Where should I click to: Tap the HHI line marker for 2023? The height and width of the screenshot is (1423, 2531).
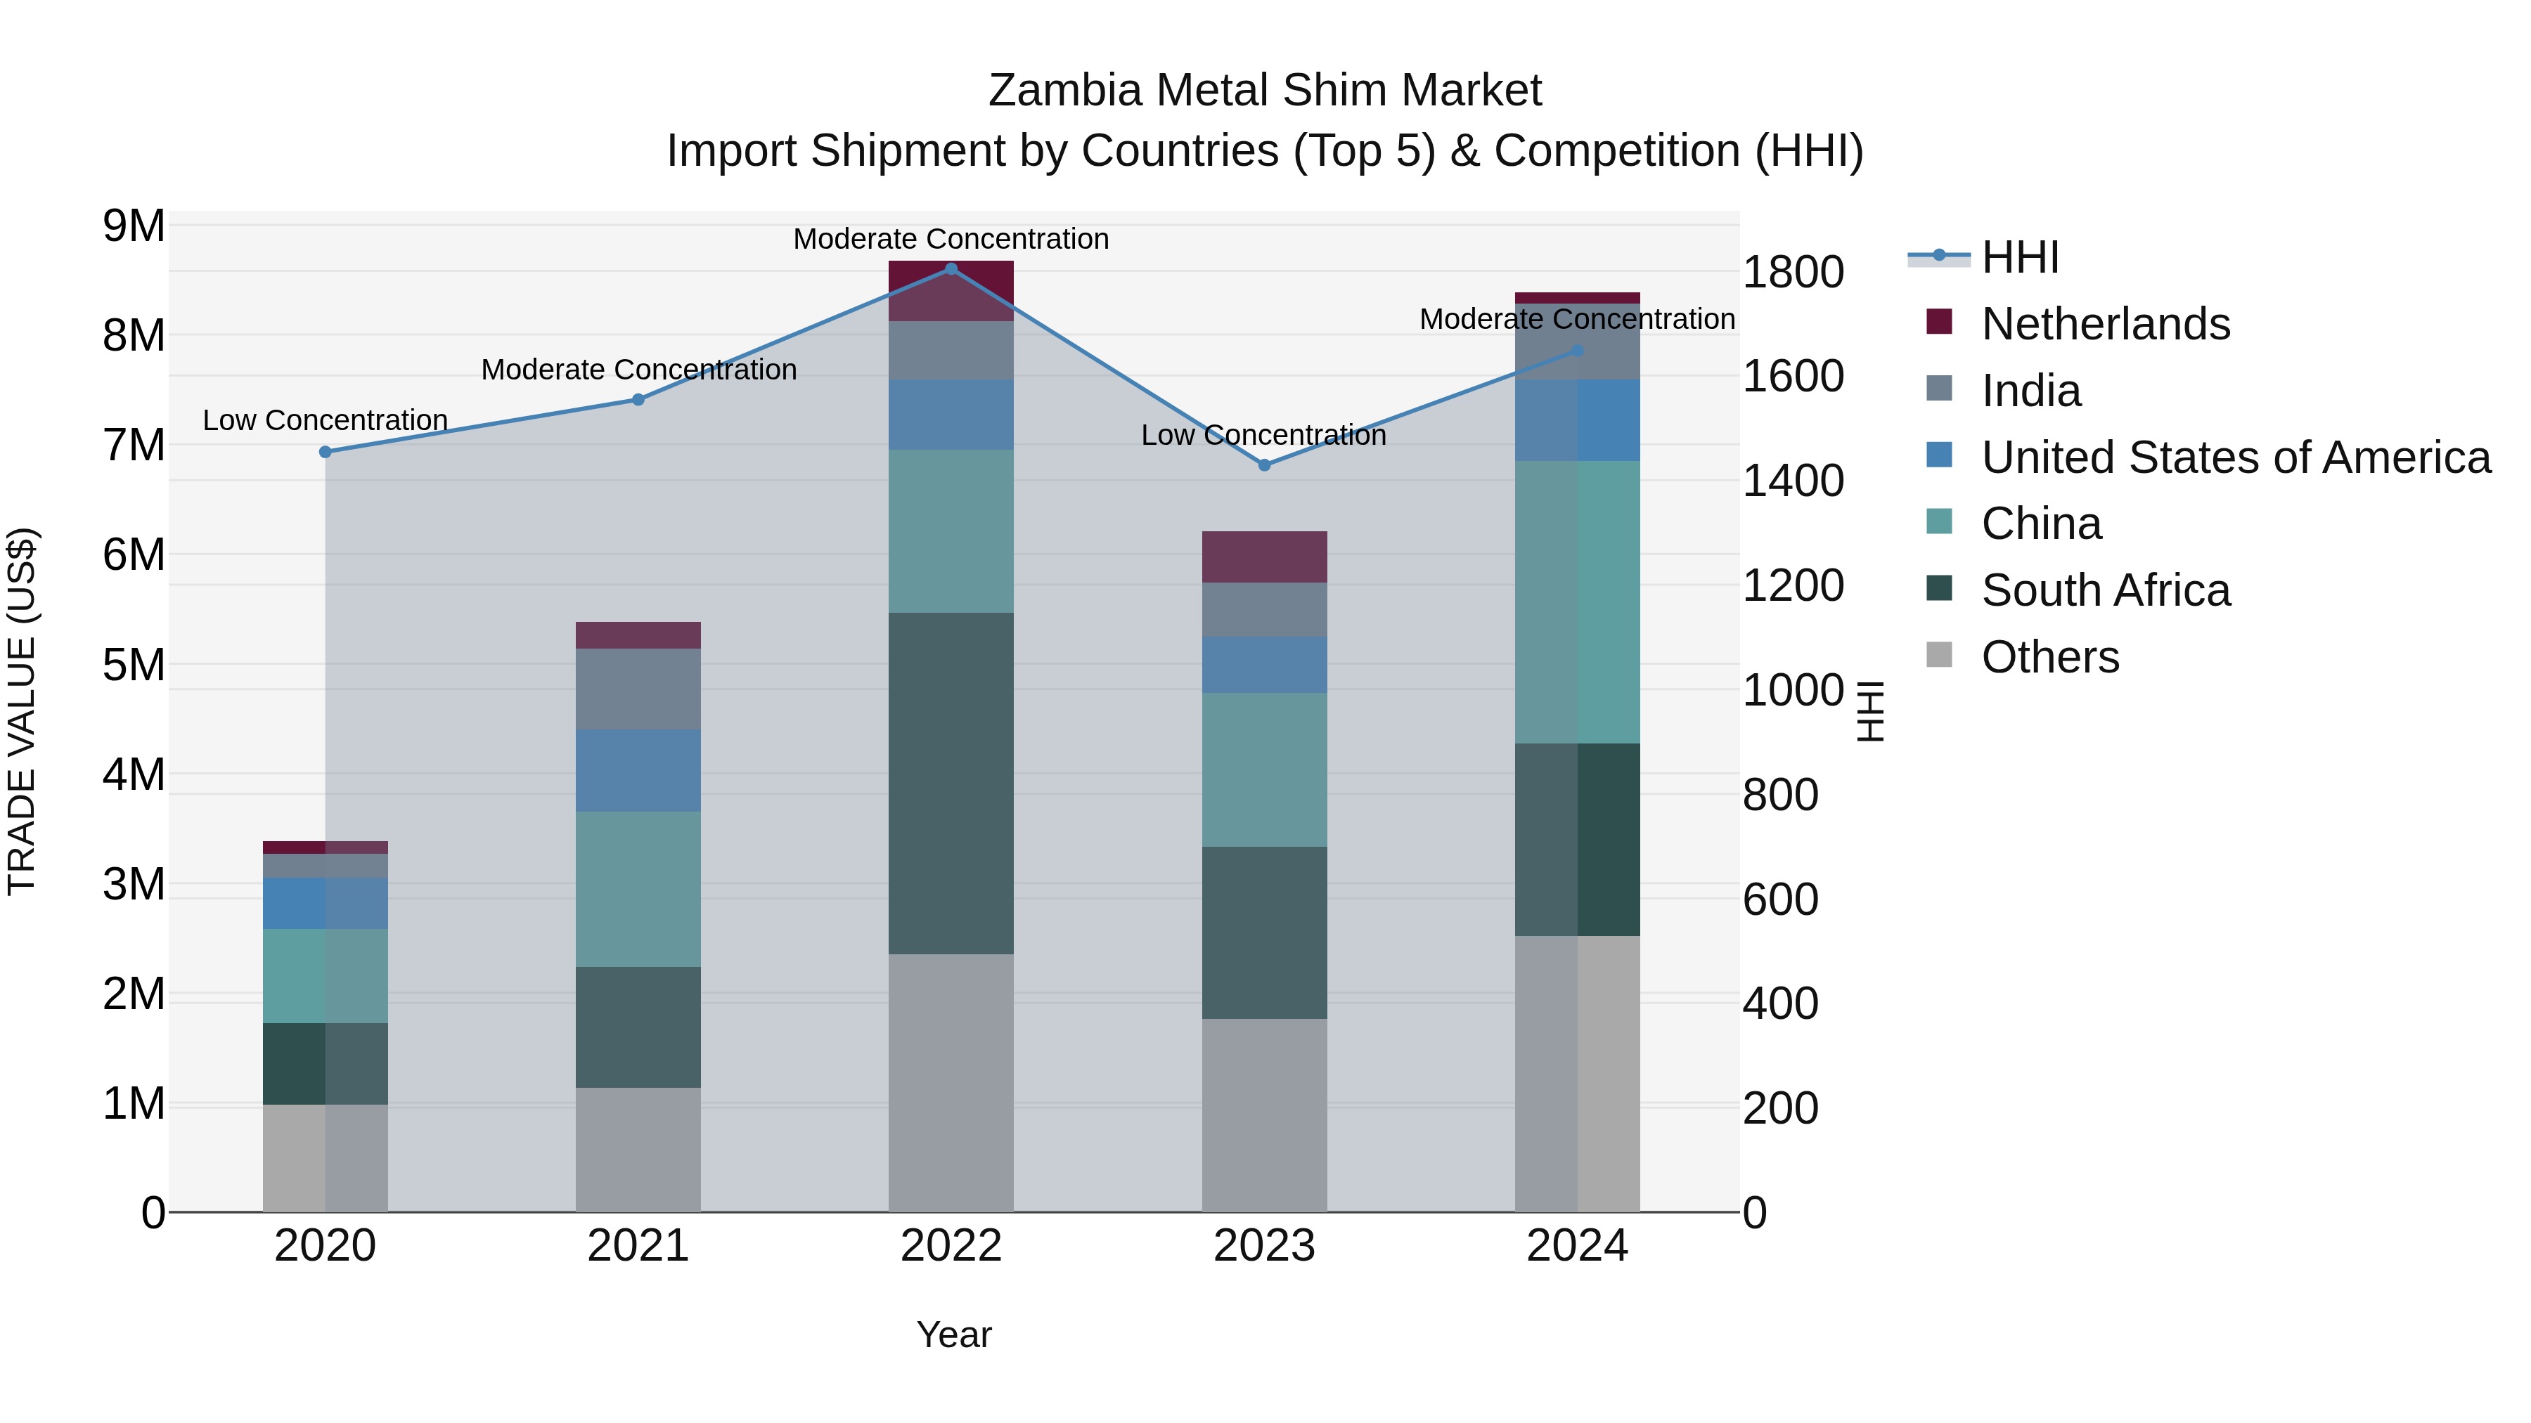1265,465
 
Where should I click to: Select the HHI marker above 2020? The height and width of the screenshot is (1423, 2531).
326,452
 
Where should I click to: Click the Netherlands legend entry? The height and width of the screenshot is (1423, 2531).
2106,324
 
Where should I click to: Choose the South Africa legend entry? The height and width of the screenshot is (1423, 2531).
2106,590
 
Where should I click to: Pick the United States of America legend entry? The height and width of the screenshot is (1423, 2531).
2235,457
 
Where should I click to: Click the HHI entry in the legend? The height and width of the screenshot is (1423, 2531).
2019,257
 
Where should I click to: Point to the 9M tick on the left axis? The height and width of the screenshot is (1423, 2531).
134,227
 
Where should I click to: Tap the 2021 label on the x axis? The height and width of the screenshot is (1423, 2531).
638,1246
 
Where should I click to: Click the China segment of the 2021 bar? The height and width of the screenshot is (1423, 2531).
638,889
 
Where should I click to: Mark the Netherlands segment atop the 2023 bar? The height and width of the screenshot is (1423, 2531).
1265,557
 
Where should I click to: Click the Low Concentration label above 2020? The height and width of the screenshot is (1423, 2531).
326,420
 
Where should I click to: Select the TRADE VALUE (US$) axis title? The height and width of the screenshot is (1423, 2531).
22,711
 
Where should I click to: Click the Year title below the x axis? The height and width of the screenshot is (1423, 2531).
953,1334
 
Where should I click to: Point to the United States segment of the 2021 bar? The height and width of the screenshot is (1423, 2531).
638,770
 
